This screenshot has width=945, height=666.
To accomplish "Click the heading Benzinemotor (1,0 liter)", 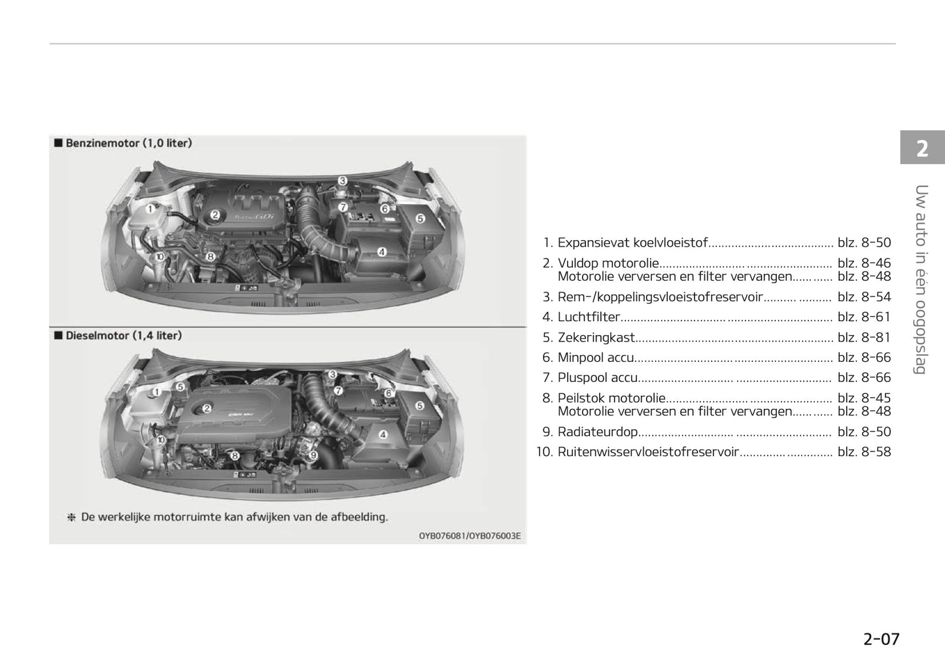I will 128,143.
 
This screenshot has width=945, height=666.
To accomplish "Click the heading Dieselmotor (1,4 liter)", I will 124,336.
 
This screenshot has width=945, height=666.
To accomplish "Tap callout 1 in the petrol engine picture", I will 150,209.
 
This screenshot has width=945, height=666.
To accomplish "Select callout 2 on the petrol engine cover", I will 215,215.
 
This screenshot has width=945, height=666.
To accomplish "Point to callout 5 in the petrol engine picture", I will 420,219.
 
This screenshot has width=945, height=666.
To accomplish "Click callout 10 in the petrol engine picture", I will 159,257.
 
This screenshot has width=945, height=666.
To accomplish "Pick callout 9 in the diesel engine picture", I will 313,455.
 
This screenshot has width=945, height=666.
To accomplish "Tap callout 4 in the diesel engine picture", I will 383,434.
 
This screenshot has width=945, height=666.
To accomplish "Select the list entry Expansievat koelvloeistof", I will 632,243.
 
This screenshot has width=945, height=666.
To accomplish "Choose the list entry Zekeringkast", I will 596,338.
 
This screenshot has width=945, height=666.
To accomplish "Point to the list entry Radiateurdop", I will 597,432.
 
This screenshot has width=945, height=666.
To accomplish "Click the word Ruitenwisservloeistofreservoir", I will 647,452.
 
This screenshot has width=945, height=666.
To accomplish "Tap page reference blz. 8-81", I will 864,338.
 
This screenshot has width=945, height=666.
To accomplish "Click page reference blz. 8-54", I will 864,297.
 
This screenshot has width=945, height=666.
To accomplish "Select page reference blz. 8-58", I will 864,452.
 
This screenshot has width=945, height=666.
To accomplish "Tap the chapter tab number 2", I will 921,149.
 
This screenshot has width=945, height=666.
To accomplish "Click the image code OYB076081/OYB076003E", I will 470,536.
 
